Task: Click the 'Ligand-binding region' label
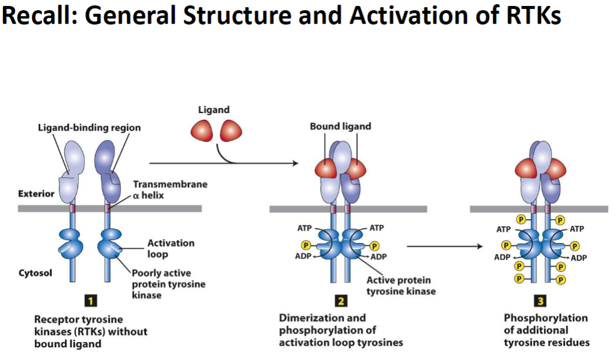click(x=89, y=128)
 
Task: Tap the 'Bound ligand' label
click(x=340, y=126)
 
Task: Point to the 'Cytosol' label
click(x=35, y=273)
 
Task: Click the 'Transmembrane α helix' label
click(x=170, y=190)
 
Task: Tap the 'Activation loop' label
click(x=171, y=248)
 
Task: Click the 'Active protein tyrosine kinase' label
click(x=398, y=285)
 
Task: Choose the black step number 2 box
click(x=339, y=301)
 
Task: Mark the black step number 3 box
click(x=539, y=301)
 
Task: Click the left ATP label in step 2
click(x=304, y=228)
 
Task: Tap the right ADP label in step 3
click(x=578, y=258)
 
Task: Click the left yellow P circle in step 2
click(x=306, y=245)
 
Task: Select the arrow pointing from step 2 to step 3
click(x=445, y=246)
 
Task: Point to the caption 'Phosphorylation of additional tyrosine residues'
click(x=546, y=330)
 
